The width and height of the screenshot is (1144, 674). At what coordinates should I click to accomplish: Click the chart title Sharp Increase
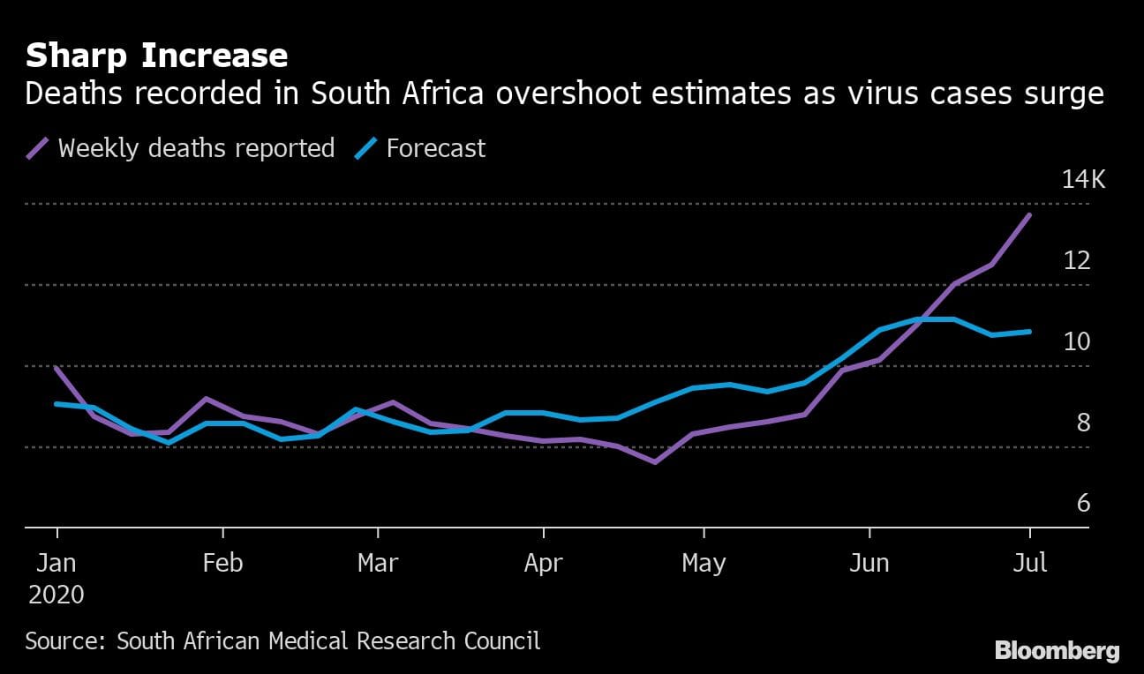156,56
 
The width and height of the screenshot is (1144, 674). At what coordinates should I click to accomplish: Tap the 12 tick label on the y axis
1077,261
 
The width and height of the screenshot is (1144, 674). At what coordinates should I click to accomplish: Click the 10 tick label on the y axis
1077,341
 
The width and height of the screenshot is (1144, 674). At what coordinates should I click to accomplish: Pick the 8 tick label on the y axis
1083,423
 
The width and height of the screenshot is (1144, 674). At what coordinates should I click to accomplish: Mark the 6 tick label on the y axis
1083,504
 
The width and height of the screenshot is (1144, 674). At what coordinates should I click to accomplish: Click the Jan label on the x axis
57,563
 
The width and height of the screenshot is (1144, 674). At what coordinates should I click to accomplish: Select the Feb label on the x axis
222,563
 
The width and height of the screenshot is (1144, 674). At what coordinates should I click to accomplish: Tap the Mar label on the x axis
378,563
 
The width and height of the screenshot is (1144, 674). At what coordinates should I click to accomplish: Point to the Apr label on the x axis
543,563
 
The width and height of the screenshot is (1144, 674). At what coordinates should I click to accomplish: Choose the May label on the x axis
704,563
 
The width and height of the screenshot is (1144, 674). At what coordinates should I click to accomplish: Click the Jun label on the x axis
869,563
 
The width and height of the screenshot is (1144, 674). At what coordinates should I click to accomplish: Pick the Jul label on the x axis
1030,563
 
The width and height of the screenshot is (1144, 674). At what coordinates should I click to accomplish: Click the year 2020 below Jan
56,595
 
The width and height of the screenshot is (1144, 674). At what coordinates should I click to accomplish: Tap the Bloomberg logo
1057,652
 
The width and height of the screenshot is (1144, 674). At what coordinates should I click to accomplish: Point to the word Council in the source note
499,640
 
